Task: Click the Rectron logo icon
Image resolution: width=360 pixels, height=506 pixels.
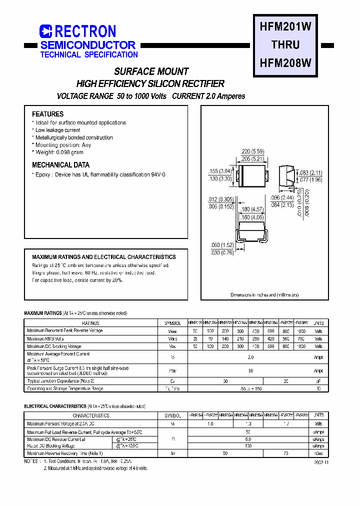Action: [x=46, y=31]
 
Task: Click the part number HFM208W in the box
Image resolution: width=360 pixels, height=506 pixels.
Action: [x=285, y=63]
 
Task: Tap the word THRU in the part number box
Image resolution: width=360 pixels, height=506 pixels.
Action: [x=285, y=45]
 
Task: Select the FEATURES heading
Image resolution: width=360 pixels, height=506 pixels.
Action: [x=47, y=114]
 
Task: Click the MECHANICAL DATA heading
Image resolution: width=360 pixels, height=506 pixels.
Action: [x=60, y=165]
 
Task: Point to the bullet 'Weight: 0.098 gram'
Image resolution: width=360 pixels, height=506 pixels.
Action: [x=59, y=152]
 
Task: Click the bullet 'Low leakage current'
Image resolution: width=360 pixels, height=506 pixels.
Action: [x=57, y=130]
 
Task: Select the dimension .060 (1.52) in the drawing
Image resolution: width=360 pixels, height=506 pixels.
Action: [x=221, y=245]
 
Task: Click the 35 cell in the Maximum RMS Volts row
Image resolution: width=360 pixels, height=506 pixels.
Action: [x=194, y=338]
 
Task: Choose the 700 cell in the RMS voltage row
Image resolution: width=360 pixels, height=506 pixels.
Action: [x=301, y=338]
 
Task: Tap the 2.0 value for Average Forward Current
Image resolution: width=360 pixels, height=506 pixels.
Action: [x=250, y=357]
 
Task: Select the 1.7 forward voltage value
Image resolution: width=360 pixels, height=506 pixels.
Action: [x=286, y=423]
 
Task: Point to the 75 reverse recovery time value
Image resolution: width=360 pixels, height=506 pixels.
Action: [x=286, y=453]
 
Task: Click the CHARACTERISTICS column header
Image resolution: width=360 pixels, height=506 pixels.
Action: [x=91, y=415]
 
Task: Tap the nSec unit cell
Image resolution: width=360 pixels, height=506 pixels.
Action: [x=318, y=453]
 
